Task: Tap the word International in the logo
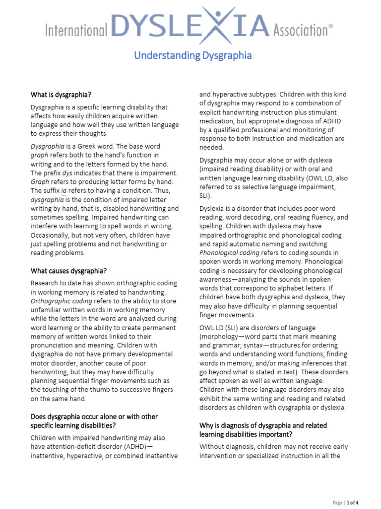[x=76, y=31]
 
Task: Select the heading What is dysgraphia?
[x=61, y=94]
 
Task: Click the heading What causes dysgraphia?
[x=68, y=271]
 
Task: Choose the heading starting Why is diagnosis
[x=263, y=426]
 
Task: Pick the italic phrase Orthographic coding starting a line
[x=62, y=301]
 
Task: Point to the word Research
[x=46, y=283]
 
